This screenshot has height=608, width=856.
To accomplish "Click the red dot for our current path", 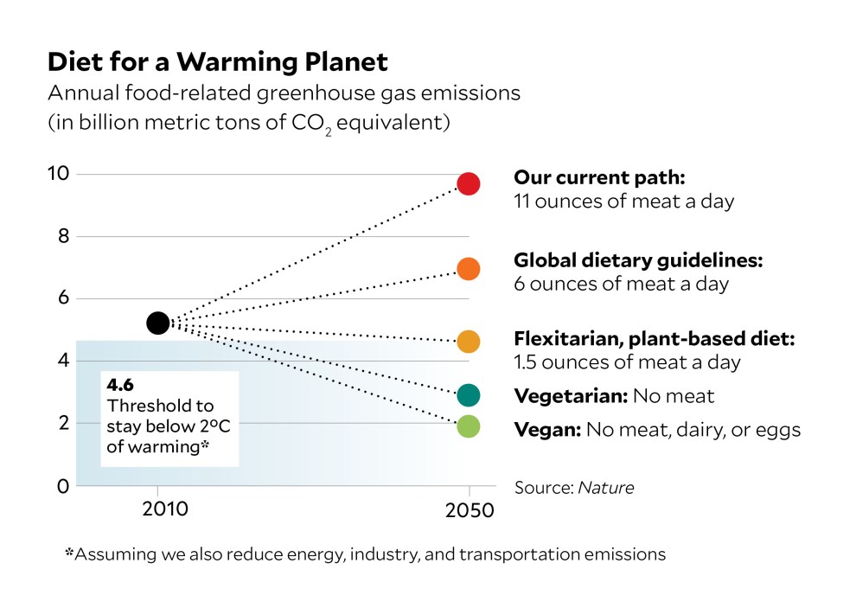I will point(469,183).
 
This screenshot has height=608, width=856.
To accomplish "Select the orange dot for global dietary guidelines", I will point(469,269).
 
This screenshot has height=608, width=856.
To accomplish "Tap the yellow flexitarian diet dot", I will point(469,342).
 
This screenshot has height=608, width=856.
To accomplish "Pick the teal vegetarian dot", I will point(469,395).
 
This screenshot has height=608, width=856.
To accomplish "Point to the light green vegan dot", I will point(469,426).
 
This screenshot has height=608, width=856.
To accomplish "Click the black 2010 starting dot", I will point(157,323).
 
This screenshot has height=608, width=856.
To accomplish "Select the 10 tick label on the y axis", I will point(58,174).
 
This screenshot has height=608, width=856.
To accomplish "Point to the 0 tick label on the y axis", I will point(62,486).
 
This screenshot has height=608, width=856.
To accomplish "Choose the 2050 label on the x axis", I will point(469,509).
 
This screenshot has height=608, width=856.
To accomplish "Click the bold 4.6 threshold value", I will point(121,387).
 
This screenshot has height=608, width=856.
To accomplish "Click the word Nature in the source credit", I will point(605,488).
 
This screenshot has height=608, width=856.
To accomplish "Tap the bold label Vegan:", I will point(546,429).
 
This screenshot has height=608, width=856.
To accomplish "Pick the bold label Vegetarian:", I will point(571,397).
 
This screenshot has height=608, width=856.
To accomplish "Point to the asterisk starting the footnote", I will point(69,553).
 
